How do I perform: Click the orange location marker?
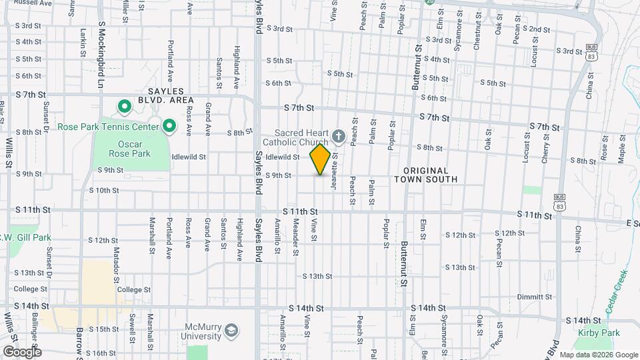coord(320,159)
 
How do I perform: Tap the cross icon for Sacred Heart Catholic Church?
coord(338,138)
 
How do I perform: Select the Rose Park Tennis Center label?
coord(107,126)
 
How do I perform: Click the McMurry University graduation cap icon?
coord(231,331)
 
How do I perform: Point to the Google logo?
coord(21,351)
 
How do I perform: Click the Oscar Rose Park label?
coord(125,149)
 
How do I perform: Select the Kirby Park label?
coord(601,333)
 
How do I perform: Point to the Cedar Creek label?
coord(617,291)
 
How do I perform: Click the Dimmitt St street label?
coord(535,297)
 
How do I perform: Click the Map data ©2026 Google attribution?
coord(598,355)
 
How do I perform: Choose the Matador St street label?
coord(115,261)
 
